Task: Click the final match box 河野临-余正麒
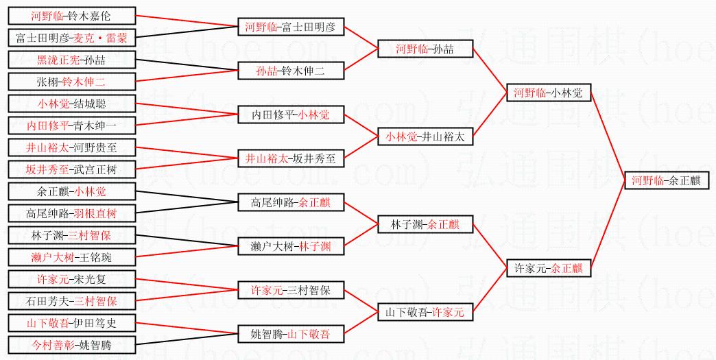tap(666, 181)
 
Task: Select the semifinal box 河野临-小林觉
tap(548, 93)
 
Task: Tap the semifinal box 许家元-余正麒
tap(548, 268)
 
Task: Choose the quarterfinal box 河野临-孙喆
tap(425, 49)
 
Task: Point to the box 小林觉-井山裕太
tap(425, 136)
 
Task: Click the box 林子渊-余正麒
tap(425, 224)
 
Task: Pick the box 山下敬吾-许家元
tap(425, 312)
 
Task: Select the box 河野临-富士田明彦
tap(290, 27)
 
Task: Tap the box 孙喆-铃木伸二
tap(290, 71)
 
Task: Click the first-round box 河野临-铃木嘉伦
tap(72, 15)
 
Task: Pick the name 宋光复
tap(90, 279)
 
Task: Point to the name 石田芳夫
tap(47, 301)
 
